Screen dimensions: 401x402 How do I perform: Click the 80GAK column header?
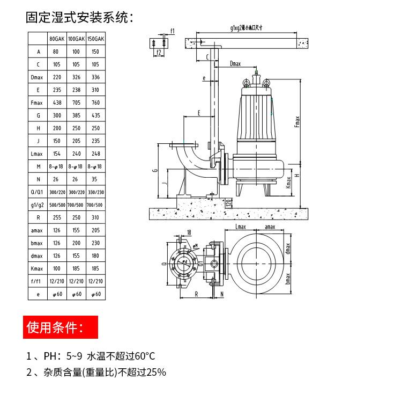[x=58, y=39]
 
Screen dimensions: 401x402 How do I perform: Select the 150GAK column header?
[x=96, y=39]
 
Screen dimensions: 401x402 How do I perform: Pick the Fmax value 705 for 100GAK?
[x=77, y=102]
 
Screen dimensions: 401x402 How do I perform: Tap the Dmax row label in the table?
[x=38, y=77]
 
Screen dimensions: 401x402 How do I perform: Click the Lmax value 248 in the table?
[x=96, y=154]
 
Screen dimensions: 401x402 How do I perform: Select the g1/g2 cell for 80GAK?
[x=58, y=205]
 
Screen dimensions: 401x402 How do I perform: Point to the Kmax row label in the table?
[x=38, y=268]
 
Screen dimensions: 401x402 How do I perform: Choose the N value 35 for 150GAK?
[x=96, y=179]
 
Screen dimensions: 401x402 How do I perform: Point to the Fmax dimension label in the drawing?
[x=297, y=123]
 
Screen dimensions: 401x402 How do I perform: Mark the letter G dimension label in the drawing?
[x=154, y=171]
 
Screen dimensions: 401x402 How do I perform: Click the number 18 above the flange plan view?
[x=188, y=232]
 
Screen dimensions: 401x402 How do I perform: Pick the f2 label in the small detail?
[x=159, y=52]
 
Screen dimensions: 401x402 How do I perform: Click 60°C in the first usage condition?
[x=143, y=356]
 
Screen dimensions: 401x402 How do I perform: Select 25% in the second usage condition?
[x=155, y=371]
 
